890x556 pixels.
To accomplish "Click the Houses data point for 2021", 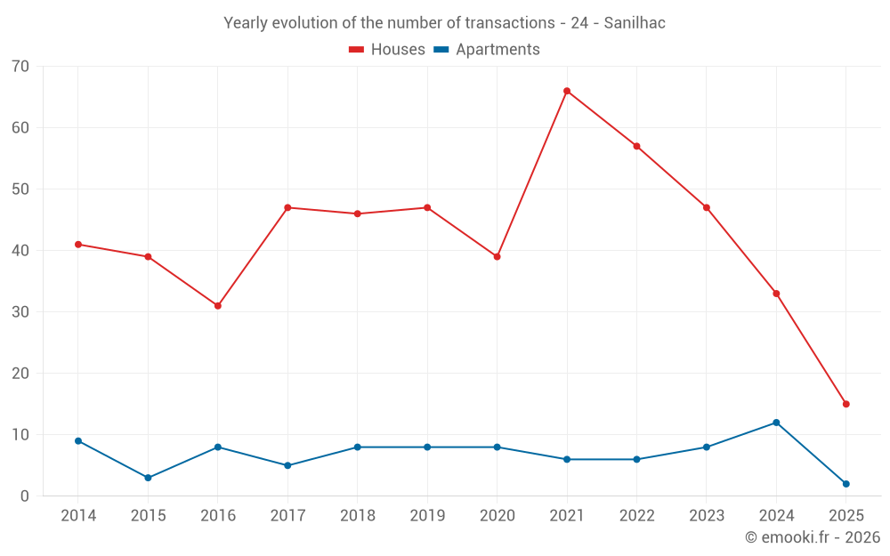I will pyautogui.click(x=567, y=91).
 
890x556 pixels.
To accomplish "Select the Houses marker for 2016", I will pyautogui.click(x=218, y=306).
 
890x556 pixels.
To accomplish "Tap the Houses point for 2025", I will pyautogui.click(x=846, y=404).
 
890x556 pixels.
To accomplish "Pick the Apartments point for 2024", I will pyautogui.click(x=776, y=423).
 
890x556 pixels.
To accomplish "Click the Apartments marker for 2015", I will pyautogui.click(x=148, y=478).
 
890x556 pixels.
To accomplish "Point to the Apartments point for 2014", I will pyautogui.click(x=78, y=441).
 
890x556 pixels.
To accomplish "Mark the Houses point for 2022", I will pyautogui.click(x=636, y=146).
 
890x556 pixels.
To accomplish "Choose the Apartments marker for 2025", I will pyautogui.click(x=846, y=484).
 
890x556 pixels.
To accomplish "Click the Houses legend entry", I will pyautogui.click(x=387, y=50).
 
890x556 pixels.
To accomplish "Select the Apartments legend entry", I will pyautogui.click(x=487, y=50).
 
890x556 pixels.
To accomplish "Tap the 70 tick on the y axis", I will pyautogui.click(x=20, y=67).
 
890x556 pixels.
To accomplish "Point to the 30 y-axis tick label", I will pyautogui.click(x=20, y=312).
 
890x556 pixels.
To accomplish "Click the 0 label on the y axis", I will pyautogui.click(x=25, y=496).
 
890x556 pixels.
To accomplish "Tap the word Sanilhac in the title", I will pyautogui.click(x=635, y=23).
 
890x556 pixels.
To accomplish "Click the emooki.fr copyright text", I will pyautogui.click(x=813, y=537).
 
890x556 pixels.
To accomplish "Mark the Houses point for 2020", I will pyautogui.click(x=498, y=257).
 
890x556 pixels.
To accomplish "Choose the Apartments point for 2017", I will pyautogui.click(x=287, y=465).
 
